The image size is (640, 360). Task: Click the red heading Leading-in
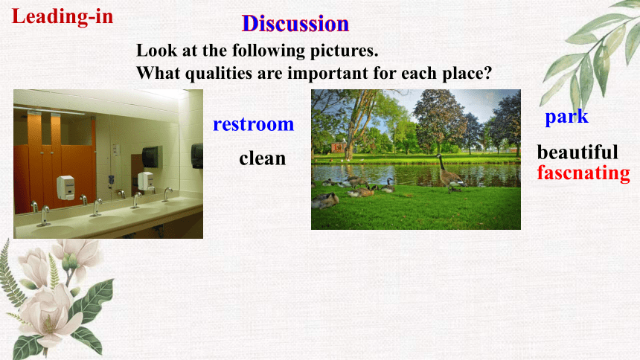click(x=63, y=17)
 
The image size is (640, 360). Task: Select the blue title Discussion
click(x=295, y=24)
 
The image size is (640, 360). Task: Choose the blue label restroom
click(x=254, y=124)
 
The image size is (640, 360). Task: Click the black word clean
click(x=263, y=158)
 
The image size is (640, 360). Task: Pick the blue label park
click(x=566, y=117)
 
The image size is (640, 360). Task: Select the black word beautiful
click(x=577, y=152)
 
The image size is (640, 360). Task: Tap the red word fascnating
click(x=583, y=173)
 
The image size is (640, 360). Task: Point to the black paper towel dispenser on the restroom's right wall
click(x=197, y=156)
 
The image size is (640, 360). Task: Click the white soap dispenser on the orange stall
click(x=65, y=187)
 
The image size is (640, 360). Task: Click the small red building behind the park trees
click(x=339, y=147)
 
